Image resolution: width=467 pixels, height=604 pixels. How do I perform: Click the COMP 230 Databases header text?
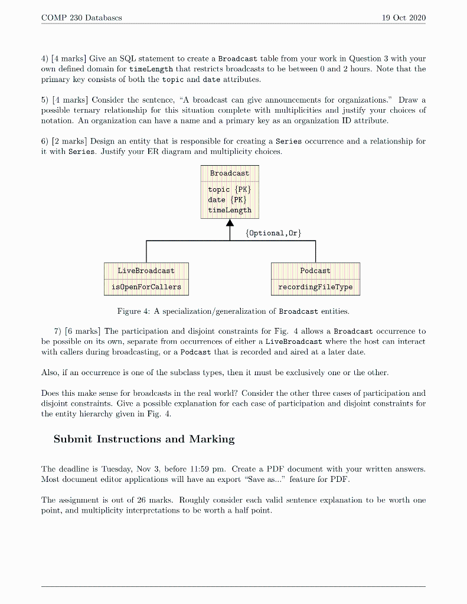click(x=82, y=18)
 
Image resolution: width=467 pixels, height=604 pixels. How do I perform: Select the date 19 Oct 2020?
click(x=404, y=18)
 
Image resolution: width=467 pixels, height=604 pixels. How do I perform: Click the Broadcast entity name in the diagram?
click(x=230, y=173)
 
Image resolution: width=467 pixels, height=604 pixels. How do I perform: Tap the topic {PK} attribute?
click(x=230, y=190)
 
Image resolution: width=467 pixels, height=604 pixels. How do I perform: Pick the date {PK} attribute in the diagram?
click(x=225, y=200)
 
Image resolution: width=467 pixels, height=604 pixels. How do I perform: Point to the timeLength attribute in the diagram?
click(x=230, y=210)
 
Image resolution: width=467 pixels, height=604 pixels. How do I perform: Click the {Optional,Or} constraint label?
click(x=273, y=233)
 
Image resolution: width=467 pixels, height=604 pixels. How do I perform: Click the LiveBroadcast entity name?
click(x=146, y=271)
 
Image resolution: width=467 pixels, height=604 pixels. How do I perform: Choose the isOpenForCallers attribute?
click(x=146, y=287)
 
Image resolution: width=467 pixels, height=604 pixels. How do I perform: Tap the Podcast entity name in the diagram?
click(x=315, y=271)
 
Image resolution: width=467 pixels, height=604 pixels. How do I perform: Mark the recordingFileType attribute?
click(x=315, y=287)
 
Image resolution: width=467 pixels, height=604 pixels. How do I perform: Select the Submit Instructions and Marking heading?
click(x=144, y=439)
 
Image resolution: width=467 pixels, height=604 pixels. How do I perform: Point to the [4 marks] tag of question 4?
click(x=69, y=59)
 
